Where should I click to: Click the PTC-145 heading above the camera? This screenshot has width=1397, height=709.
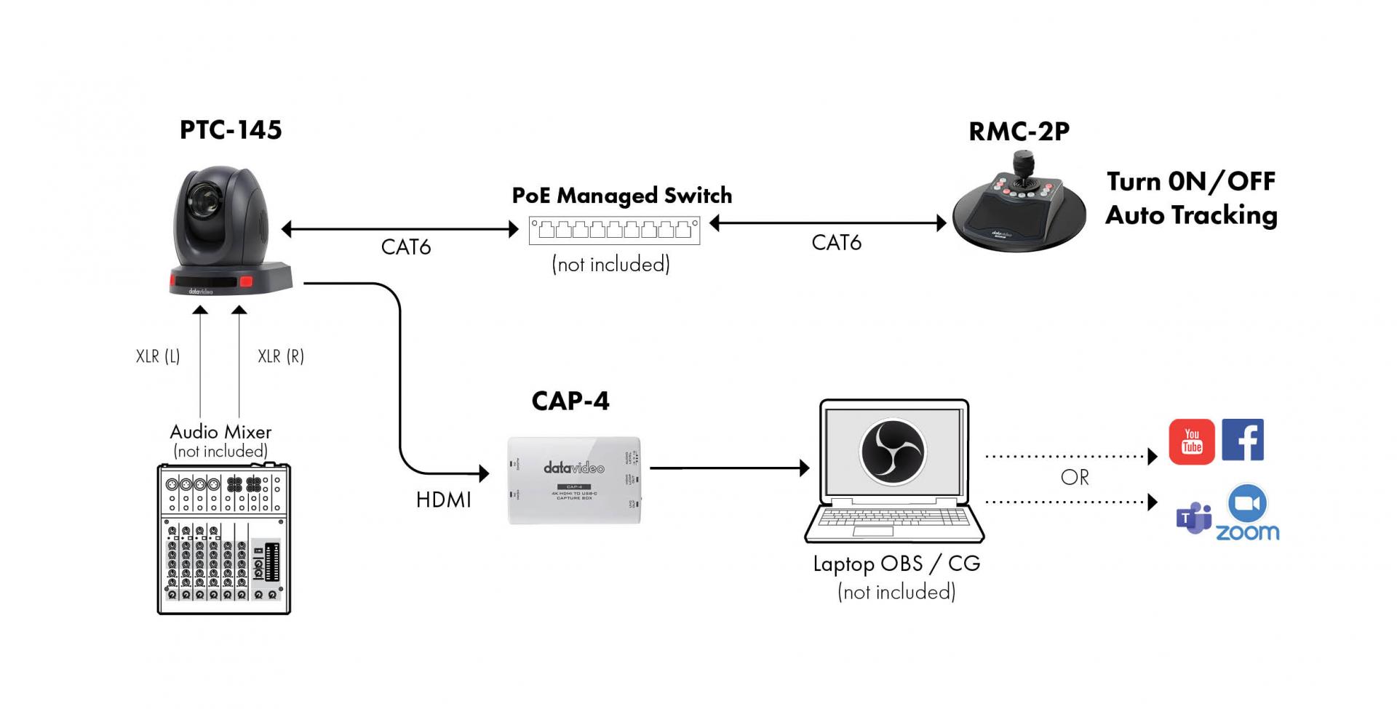tap(231, 130)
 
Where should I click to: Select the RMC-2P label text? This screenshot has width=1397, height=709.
tap(1019, 132)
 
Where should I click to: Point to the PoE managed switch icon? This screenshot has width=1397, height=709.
tap(614, 231)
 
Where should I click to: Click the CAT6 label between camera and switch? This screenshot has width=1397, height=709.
tap(406, 247)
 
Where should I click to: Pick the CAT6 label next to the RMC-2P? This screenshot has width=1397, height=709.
tap(836, 243)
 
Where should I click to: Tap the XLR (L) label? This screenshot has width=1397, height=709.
tap(158, 356)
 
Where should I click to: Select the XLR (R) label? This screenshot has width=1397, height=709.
tap(281, 356)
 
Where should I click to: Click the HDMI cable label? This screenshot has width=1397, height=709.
tap(443, 500)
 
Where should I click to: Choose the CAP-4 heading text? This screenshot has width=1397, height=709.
tap(570, 401)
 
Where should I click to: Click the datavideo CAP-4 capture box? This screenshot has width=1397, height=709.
tap(574, 480)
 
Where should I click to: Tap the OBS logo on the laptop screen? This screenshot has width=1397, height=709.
tap(893, 452)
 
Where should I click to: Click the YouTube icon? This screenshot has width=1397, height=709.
tap(1191, 441)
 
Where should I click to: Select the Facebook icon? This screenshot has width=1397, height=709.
tap(1243, 439)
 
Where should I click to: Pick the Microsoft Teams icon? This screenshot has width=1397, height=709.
tap(1193, 518)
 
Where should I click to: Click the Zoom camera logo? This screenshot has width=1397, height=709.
tap(1247, 503)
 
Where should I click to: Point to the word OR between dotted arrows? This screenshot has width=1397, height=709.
tap(1075, 478)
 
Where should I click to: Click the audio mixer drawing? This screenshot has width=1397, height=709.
tap(223, 539)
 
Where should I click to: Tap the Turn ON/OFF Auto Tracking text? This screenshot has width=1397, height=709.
tap(1191, 199)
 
